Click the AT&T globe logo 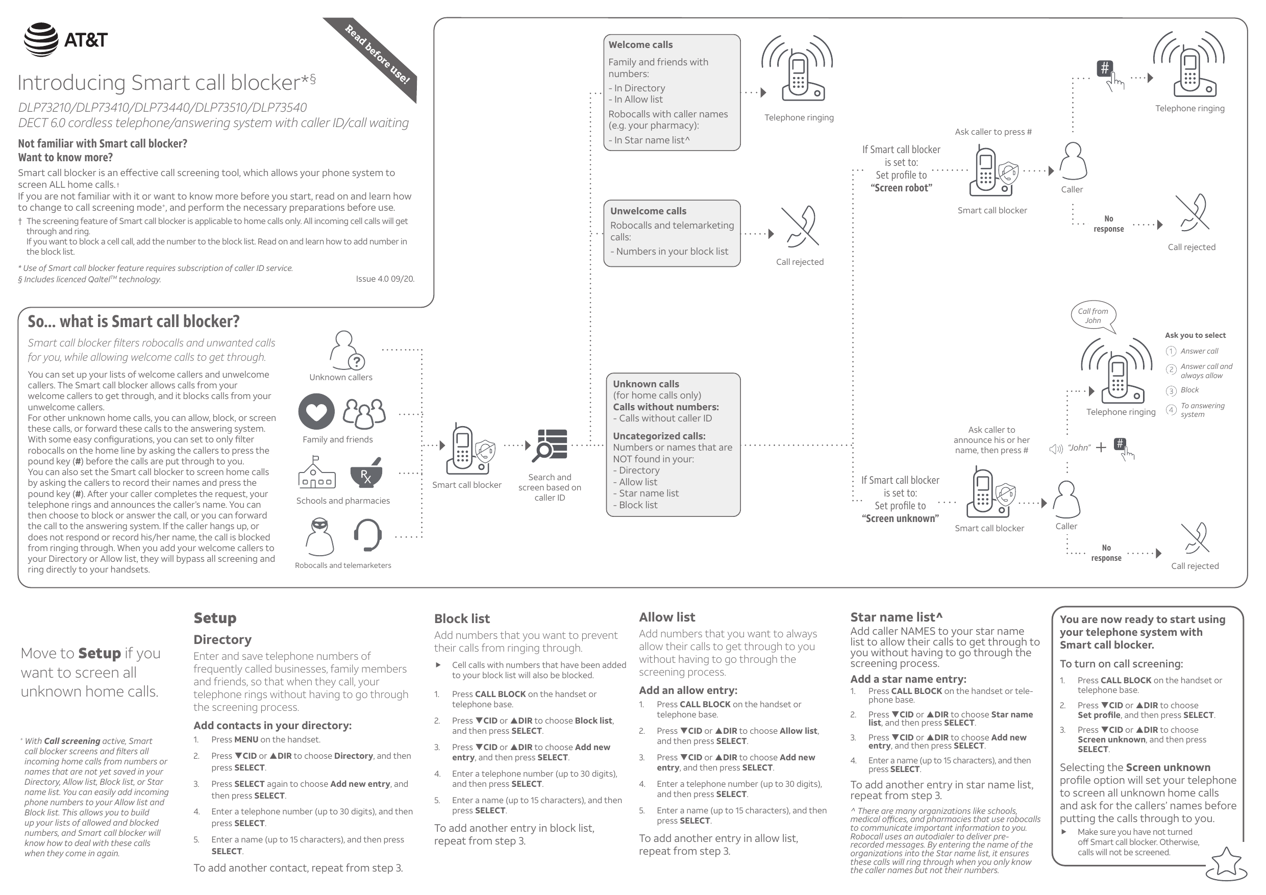pos(41,40)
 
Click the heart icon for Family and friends pos(316,411)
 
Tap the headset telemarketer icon pos(367,535)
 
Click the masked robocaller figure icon pos(320,537)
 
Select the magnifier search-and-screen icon pos(550,445)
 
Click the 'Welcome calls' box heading pos(640,45)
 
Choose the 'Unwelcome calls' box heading pos(648,211)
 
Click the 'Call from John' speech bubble pos(1094,316)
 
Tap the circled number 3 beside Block pos(1171,391)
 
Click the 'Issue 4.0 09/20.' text pos(385,279)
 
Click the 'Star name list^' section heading pos(897,617)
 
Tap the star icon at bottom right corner pos(1226,862)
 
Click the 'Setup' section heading pos(215,618)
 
